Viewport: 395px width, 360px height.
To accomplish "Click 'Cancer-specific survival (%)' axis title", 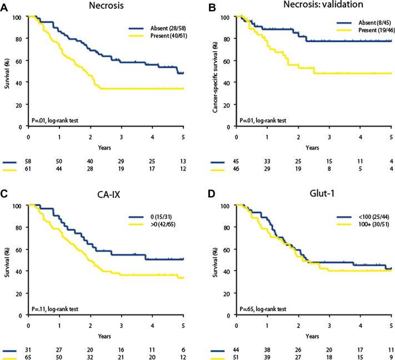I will click(214, 73).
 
